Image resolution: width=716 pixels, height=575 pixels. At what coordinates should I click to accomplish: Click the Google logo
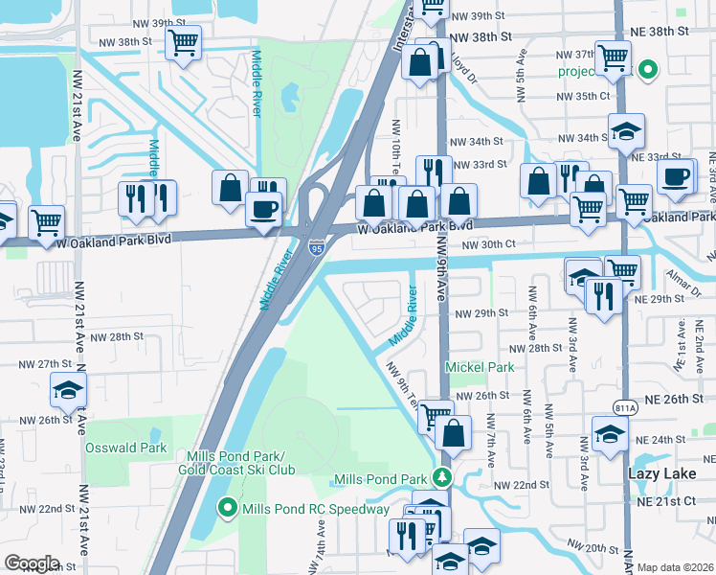[x=31, y=563]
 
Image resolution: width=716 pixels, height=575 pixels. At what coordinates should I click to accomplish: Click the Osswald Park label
[x=125, y=448]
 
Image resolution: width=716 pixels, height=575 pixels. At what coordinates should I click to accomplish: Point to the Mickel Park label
[x=480, y=367]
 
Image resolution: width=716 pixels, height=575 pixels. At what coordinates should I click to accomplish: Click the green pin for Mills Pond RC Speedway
[x=228, y=508]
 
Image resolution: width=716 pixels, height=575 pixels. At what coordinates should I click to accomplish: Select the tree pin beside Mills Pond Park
[x=441, y=477]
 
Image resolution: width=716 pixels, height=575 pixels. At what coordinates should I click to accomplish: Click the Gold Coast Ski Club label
[x=236, y=469]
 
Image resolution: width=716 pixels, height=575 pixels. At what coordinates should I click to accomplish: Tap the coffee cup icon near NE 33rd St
[x=677, y=178]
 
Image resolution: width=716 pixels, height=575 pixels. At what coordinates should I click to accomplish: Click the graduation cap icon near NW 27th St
[x=68, y=389]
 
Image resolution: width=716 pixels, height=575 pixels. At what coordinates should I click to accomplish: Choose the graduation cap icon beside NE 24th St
[x=610, y=434]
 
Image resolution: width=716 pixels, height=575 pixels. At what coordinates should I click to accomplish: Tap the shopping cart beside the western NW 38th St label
[x=183, y=43]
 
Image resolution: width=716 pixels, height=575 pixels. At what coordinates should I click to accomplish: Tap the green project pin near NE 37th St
[x=647, y=70]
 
